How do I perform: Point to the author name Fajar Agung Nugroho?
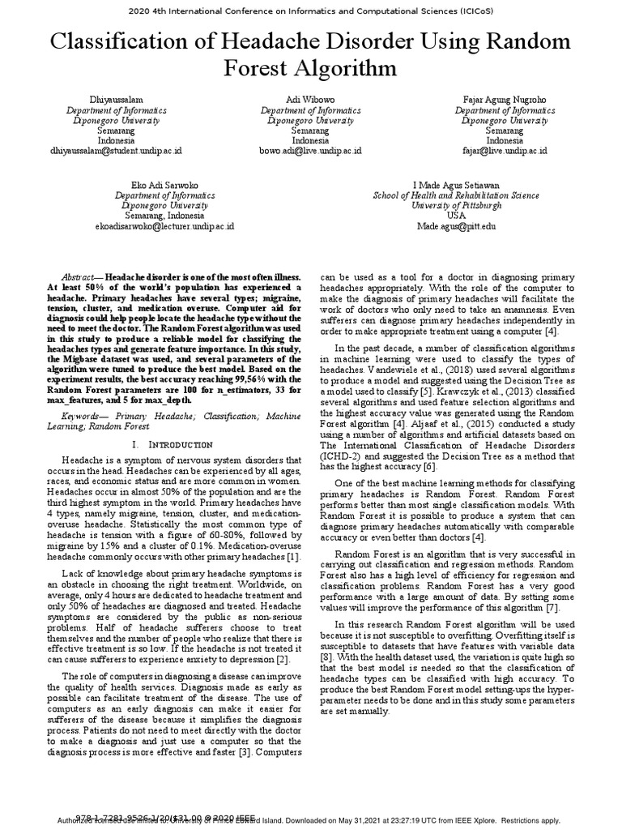tap(504, 100)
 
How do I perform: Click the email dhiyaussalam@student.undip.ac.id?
tap(116, 151)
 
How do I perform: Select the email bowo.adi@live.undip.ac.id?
tap(310, 151)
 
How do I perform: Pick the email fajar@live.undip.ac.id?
tap(504, 151)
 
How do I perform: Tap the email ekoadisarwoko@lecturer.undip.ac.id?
tap(164, 226)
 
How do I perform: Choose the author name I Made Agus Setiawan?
tap(456, 186)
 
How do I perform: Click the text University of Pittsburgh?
tap(456, 206)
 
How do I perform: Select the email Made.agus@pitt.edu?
tap(456, 226)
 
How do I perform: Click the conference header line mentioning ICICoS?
tap(310, 11)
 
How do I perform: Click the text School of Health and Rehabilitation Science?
tap(456, 195)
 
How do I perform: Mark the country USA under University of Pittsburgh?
tap(456, 216)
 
